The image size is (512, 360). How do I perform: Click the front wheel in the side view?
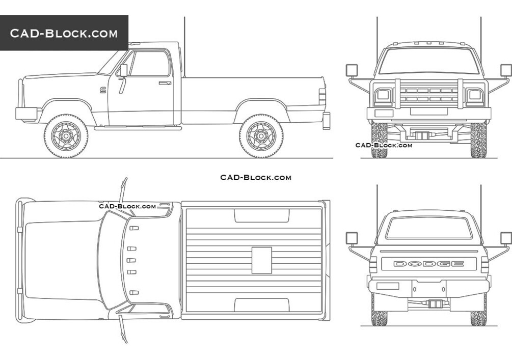point(66,136)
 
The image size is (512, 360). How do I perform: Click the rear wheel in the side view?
point(261,136)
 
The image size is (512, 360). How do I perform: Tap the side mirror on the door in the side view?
point(124,70)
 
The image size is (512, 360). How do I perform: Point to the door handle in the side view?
point(165,83)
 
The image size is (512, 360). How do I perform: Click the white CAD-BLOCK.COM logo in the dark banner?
point(64,33)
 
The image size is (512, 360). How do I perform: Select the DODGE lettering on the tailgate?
point(429,264)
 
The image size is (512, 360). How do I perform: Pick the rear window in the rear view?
point(429,228)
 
